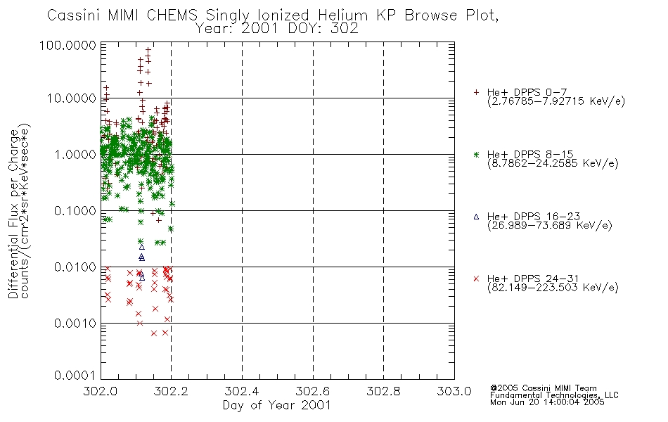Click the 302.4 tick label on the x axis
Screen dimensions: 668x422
tap(242, 391)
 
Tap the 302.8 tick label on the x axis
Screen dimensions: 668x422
tap(383, 391)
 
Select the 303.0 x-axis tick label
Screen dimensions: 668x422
tap(454, 391)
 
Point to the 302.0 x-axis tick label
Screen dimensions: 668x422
tap(100, 391)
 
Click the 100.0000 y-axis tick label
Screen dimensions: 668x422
tap(68, 45)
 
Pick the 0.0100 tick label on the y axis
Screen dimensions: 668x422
tap(75, 267)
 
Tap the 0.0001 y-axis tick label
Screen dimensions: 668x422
tap(75, 376)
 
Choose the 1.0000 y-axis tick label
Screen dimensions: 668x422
tap(75, 154)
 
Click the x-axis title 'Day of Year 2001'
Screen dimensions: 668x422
tap(277, 405)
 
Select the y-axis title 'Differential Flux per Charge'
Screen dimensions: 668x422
tap(13, 214)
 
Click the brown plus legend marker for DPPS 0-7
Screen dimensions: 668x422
tap(476, 92)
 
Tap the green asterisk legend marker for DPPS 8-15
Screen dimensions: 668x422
tap(476, 155)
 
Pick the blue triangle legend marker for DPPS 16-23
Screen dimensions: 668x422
tap(476, 217)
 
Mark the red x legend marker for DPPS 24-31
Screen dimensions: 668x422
tap(476, 279)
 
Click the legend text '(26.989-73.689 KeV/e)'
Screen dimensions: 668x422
tap(550, 225)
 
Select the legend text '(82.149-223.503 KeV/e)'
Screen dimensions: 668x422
tap(553, 287)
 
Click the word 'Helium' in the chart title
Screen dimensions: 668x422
tap(342, 15)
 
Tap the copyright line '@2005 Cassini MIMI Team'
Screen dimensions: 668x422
tap(543, 388)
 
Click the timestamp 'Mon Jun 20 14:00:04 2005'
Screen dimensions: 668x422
tap(547, 402)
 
